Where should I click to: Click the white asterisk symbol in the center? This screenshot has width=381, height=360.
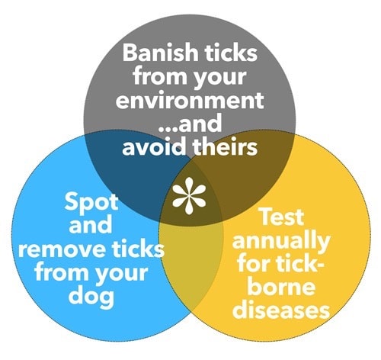coord(189,196)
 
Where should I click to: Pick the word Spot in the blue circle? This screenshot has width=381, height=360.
coord(91,203)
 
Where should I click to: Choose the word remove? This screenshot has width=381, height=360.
coord(62,249)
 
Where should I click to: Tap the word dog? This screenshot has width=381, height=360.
coord(91,297)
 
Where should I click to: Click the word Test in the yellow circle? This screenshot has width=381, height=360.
coord(282,217)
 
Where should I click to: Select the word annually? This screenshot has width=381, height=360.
coord(281,241)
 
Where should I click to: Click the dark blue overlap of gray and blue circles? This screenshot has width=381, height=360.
coord(132,178)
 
